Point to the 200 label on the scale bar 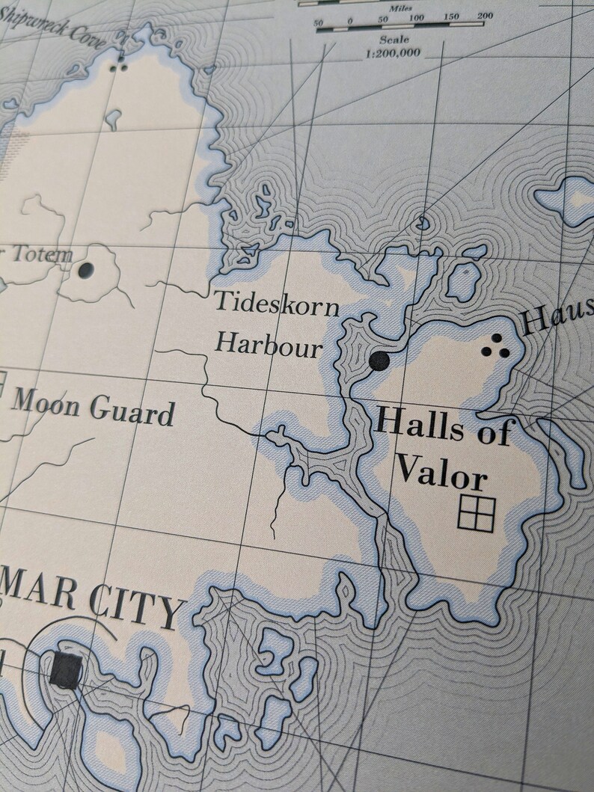click(x=485, y=16)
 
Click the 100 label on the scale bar click(x=416, y=16)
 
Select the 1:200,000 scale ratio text click(x=393, y=53)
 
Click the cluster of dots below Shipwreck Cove click(x=118, y=67)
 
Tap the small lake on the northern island click(x=113, y=117)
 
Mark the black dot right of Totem click(x=86, y=269)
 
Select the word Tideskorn click(x=276, y=304)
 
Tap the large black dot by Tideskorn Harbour click(x=379, y=361)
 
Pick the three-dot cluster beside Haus click(x=495, y=347)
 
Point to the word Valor click(x=441, y=471)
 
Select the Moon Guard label click(x=93, y=408)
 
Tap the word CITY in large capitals click(x=137, y=609)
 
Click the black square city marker click(x=66, y=669)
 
